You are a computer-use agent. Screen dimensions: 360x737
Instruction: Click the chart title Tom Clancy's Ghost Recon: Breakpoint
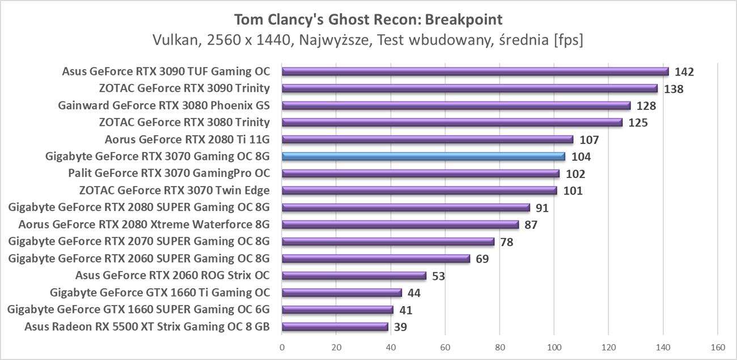(x=368, y=20)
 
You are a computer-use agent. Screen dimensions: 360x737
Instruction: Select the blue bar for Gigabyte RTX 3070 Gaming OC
(x=423, y=156)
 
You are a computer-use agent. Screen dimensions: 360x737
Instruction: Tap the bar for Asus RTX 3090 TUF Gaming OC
(x=475, y=71)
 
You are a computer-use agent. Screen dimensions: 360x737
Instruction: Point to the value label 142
(x=684, y=72)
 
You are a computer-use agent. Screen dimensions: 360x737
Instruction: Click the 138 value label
(x=674, y=89)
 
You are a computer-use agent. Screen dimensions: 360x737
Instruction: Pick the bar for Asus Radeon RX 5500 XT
(x=335, y=327)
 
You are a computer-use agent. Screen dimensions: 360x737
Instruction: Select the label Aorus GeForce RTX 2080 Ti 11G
(x=187, y=139)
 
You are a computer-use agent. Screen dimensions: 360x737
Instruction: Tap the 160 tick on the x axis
(x=717, y=347)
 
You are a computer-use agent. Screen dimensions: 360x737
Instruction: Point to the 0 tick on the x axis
(x=282, y=347)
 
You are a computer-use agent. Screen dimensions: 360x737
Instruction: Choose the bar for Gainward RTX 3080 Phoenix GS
(x=456, y=105)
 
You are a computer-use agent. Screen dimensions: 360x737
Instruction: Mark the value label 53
(x=438, y=276)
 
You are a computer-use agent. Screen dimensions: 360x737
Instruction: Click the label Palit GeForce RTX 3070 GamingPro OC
(x=168, y=173)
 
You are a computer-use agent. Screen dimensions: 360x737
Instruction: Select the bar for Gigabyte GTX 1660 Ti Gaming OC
(x=342, y=293)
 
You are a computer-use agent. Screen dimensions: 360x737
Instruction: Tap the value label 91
(x=542, y=208)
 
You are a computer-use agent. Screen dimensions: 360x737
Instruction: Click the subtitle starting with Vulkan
(x=368, y=41)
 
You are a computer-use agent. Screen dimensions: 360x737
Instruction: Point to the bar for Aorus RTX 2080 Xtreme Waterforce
(x=400, y=225)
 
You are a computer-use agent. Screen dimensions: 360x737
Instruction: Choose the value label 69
(x=482, y=259)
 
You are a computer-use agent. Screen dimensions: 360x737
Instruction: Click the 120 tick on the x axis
(x=608, y=347)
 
